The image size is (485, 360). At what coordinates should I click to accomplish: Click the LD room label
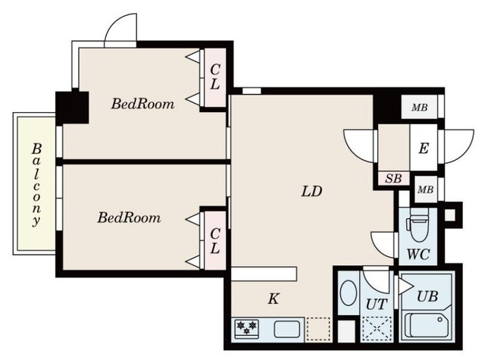pyautogui.click(x=311, y=192)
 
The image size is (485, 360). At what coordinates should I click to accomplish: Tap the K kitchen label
pyautogui.click(x=274, y=299)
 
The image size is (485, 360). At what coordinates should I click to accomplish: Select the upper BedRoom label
pyautogui.click(x=142, y=104)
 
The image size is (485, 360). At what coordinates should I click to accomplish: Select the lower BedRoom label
pyautogui.click(x=129, y=218)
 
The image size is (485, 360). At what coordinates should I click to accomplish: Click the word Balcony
pyautogui.click(x=36, y=185)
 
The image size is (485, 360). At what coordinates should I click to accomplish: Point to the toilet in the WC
pyautogui.click(x=418, y=225)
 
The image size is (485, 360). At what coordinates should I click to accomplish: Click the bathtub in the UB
pyautogui.click(x=427, y=325)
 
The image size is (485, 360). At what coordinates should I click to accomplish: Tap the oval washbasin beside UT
pyautogui.click(x=349, y=293)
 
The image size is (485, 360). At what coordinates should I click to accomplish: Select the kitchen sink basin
pyautogui.click(x=286, y=329)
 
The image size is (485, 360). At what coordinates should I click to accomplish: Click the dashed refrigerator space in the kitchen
pyautogui.click(x=318, y=329)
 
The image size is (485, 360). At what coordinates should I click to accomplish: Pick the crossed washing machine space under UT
pyautogui.click(x=377, y=330)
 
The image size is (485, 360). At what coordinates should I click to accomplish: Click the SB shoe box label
pyautogui.click(x=393, y=178)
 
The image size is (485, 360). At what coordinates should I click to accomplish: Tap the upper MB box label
pyautogui.click(x=419, y=108)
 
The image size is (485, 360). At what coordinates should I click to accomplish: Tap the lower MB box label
pyautogui.click(x=425, y=189)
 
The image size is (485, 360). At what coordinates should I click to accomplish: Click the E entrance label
pyautogui.click(x=424, y=149)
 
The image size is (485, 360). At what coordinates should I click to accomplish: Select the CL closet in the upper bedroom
pyautogui.click(x=214, y=77)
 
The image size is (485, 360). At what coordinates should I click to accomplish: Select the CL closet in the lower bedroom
pyautogui.click(x=214, y=240)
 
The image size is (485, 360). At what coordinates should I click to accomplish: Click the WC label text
pyautogui.click(x=418, y=254)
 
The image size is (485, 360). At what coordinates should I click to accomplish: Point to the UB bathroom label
pyautogui.click(x=427, y=296)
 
